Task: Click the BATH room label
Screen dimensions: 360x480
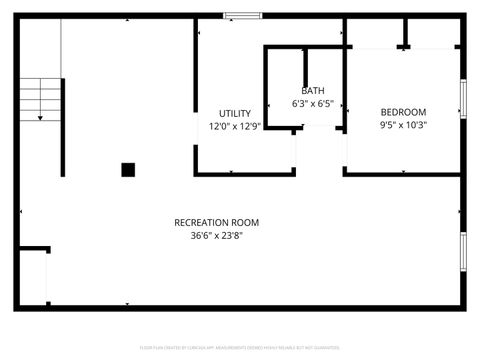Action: [312, 91]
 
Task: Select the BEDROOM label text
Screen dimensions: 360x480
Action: [403, 112]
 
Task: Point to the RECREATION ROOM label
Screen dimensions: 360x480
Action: [216, 223]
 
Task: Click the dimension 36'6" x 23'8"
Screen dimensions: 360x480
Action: [216, 237]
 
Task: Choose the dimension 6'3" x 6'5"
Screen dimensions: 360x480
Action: [312, 104]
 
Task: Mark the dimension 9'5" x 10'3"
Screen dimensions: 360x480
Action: [403, 126]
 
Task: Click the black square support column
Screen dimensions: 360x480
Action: [128, 170]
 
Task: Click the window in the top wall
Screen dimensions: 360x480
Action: [243, 15]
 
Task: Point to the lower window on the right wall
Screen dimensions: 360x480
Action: [462, 251]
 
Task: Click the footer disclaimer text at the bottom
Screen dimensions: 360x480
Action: [240, 347]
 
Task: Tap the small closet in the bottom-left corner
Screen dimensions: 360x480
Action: [33, 277]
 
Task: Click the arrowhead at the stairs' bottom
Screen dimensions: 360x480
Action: [41, 119]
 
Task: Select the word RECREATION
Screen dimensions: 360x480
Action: [195, 223]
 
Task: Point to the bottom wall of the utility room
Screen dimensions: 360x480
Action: [245, 174]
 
